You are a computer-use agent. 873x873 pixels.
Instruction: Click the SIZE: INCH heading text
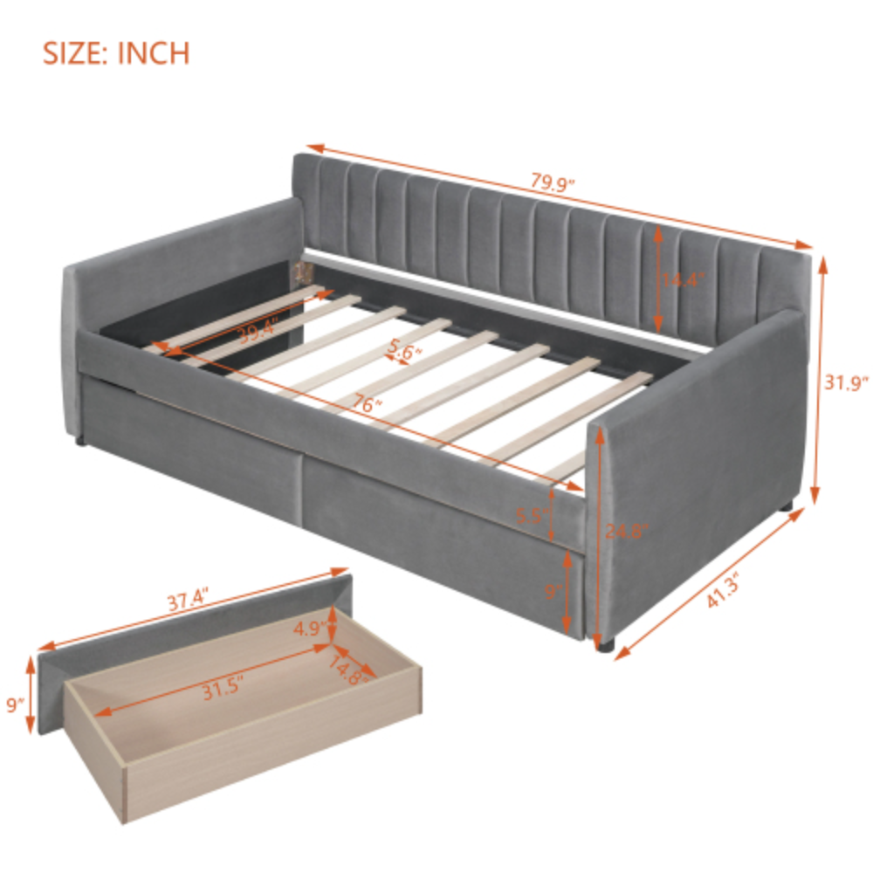(x=116, y=52)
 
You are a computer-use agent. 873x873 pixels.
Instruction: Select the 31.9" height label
(x=846, y=382)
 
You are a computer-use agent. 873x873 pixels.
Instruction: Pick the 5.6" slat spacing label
(x=405, y=352)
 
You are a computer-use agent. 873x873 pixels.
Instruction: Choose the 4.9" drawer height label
(x=310, y=627)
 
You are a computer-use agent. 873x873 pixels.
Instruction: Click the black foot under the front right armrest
(x=605, y=647)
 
